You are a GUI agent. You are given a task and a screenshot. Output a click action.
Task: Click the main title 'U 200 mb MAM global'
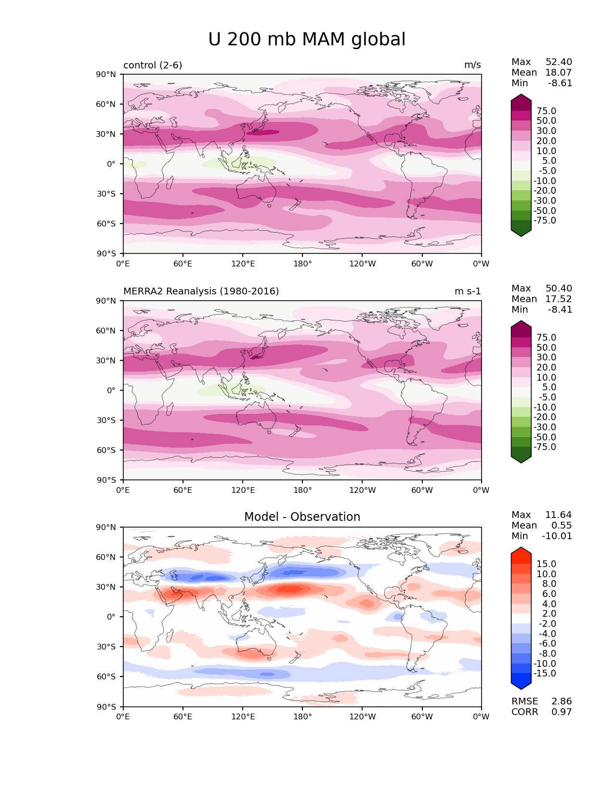tap(307, 40)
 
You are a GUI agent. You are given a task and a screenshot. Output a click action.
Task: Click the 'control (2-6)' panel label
tap(153, 65)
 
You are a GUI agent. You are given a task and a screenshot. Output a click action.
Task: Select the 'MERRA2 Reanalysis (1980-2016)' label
tap(201, 291)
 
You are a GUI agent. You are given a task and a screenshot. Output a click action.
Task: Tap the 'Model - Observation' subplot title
tap(302, 517)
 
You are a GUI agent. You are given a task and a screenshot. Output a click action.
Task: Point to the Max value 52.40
tap(559, 62)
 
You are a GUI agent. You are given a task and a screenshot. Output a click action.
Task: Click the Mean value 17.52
tap(559, 299)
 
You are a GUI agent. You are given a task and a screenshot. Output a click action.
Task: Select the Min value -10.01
tap(557, 536)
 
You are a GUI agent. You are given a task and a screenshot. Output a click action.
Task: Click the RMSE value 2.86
tap(562, 702)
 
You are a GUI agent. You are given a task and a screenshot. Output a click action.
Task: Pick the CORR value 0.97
tap(562, 712)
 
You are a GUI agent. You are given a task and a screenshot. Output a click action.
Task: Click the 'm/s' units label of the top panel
tap(472, 65)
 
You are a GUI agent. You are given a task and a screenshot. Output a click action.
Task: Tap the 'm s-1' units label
tap(468, 291)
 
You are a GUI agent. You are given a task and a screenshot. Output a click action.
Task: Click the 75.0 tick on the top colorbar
tap(546, 111)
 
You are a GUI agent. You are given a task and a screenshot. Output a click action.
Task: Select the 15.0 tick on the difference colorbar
tap(546, 564)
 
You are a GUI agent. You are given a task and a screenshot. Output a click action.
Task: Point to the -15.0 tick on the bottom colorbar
tap(545, 674)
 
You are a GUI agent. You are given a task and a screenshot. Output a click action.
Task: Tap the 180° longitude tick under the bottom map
tap(302, 717)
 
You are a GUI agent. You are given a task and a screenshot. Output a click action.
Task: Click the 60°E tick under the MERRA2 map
tap(183, 490)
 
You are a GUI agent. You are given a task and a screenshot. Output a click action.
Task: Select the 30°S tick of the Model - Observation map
tap(106, 647)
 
